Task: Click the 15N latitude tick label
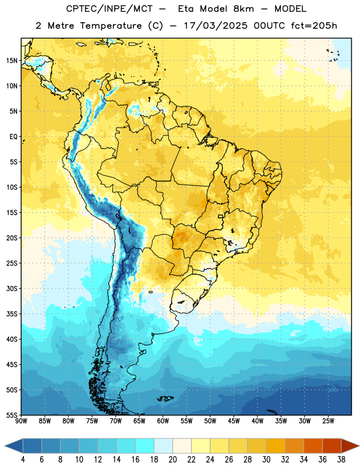tap(12, 61)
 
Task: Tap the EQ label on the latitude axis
tap(13, 137)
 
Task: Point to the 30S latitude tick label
tap(12, 288)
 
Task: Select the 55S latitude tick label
tap(12, 415)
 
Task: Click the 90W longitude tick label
tap(21, 421)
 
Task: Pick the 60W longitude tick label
tap(163, 421)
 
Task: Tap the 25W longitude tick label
tap(328, 421)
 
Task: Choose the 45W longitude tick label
tap(234, 421)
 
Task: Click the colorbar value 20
tap(172, 460)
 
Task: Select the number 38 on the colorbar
tap(341, 460)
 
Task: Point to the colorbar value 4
tap(23, 460)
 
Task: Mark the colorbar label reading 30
tap(266, 460)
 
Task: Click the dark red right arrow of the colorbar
tap(350, 446)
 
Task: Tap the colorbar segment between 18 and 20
tap(163, 446)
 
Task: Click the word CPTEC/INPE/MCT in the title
tap(110, 9)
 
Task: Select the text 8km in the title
tap(243, 9)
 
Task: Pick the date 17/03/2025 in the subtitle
tap(216, 26)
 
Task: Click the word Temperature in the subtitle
tap(111, 26)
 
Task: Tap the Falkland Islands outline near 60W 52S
tap(165, 398)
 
